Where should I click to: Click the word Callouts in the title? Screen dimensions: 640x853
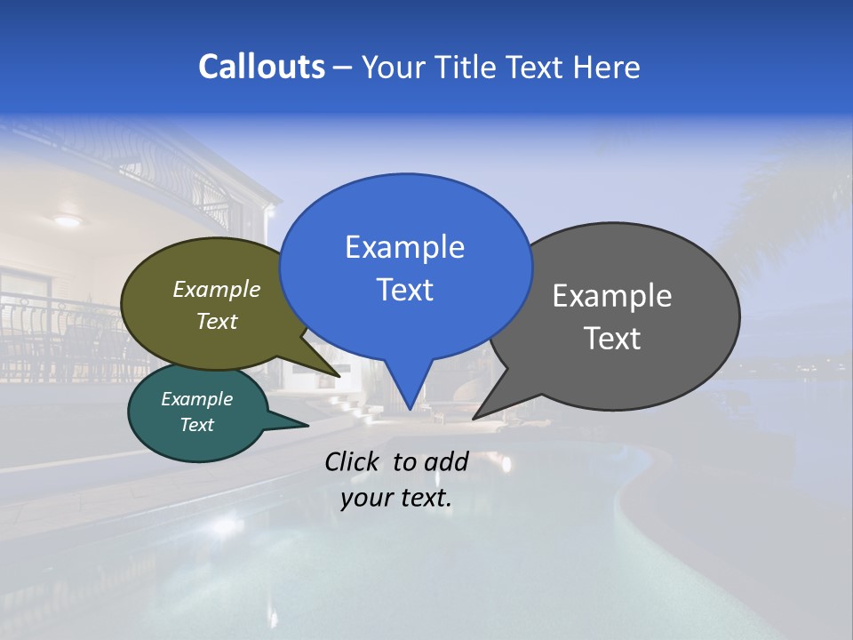261,67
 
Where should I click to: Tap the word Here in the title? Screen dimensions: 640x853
607,68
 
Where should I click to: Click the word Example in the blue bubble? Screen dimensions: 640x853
404,247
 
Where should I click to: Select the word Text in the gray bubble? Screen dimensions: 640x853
612,339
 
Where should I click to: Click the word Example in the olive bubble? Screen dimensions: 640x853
217,290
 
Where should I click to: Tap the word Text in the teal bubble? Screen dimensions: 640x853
196,425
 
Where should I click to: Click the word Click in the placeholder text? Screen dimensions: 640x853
354,461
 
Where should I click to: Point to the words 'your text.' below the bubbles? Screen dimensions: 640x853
395,499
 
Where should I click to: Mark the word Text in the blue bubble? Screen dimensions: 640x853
404,290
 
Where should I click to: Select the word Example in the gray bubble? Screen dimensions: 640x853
612,296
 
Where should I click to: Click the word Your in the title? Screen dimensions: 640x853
395,68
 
